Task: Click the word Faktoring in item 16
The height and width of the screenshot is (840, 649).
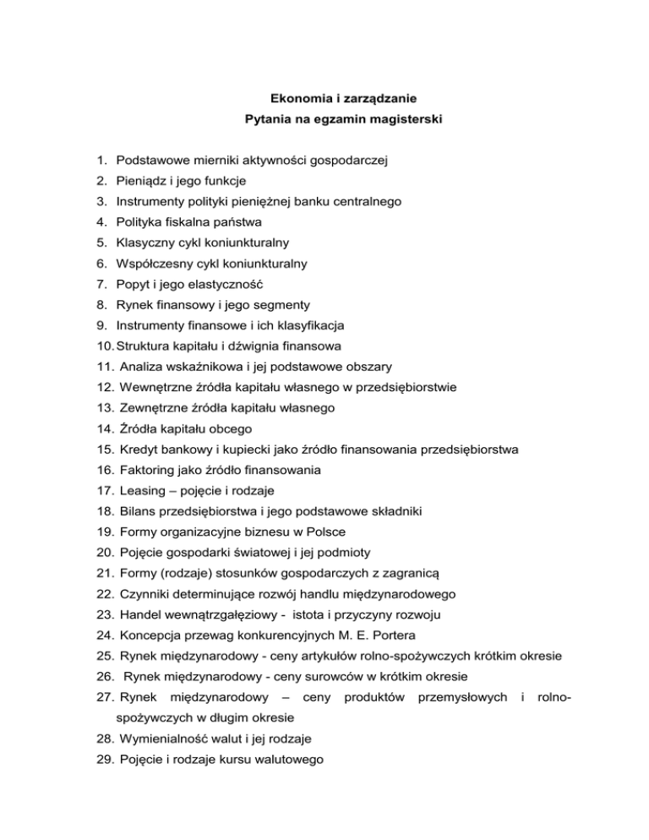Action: (148, 468)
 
